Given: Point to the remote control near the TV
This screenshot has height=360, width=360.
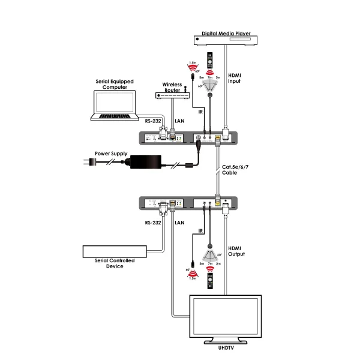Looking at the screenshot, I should (209, 280).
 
